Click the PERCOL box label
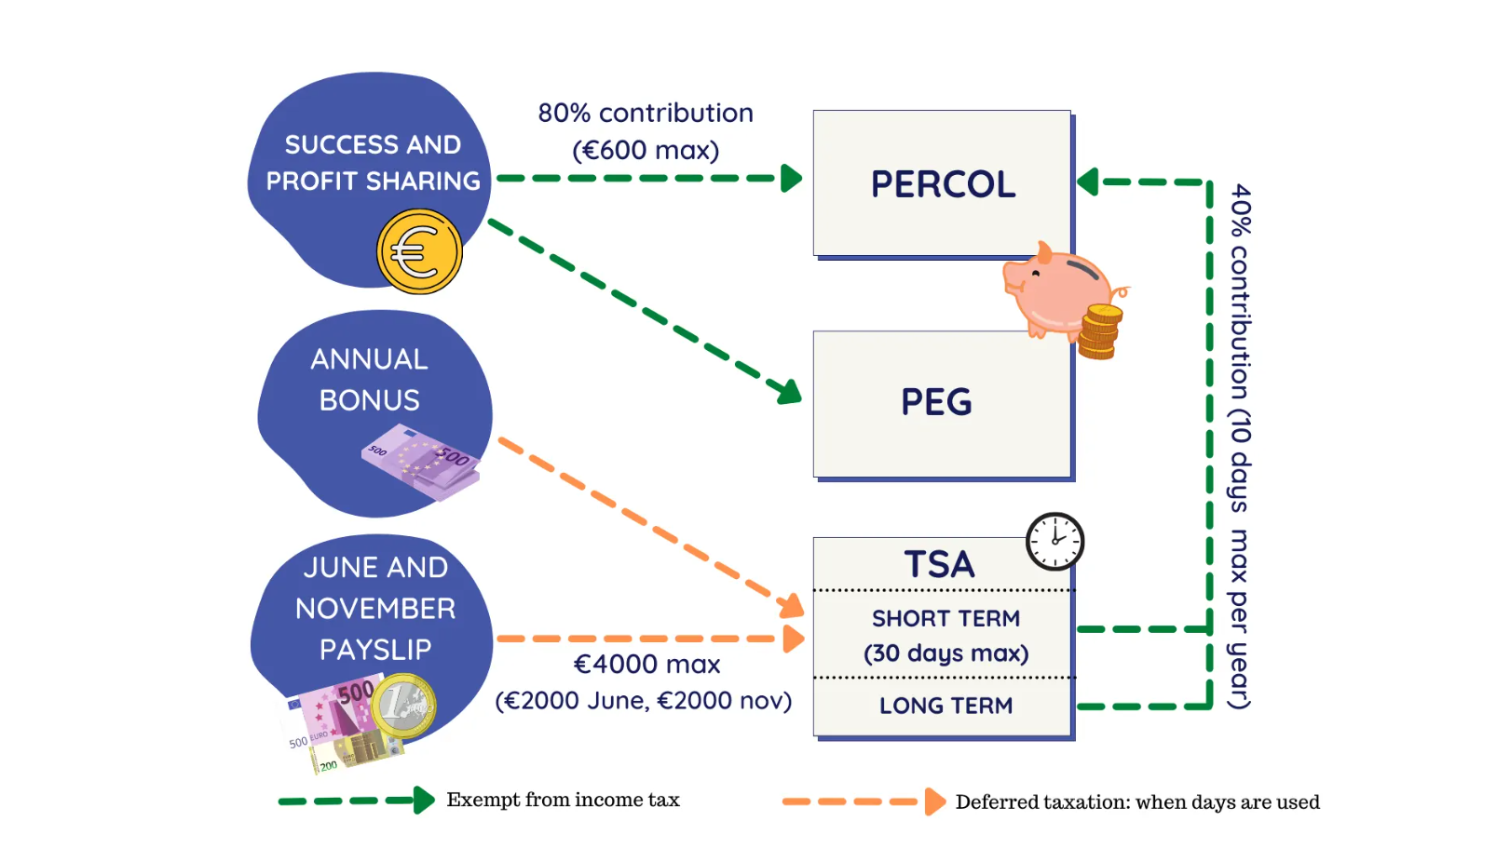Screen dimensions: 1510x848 click(x=943, y=184)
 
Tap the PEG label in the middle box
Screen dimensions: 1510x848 click(x=936, y=402)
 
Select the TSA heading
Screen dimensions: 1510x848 click(x=939, y=564)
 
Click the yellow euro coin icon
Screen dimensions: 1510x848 click(x=419, y=251)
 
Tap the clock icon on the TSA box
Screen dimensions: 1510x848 click(x=1055, y=542)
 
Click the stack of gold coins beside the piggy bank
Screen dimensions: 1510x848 click(x=1099, y=332)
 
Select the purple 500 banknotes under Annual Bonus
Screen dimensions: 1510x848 click(x=421, y=462)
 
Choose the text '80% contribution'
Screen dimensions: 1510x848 click(x=646, y=113)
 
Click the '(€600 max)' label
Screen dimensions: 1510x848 click(x=646, y=150)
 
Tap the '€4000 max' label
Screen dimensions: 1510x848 click(x=646, y=665)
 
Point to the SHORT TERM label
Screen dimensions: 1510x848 click(x=945, y=618)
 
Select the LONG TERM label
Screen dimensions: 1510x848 click(x=945, y=706)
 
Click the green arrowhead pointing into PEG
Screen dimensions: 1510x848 click(x=788, y=391)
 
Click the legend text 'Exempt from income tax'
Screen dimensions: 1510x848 click(x=563, y=800)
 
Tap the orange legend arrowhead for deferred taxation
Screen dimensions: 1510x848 click(x=935, y=801)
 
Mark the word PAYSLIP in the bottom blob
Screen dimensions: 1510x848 click(x=375, y=650)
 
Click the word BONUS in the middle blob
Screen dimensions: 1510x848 click(x=370, y=401)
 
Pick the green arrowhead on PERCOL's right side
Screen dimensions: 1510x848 click(x=1087, y=182)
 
